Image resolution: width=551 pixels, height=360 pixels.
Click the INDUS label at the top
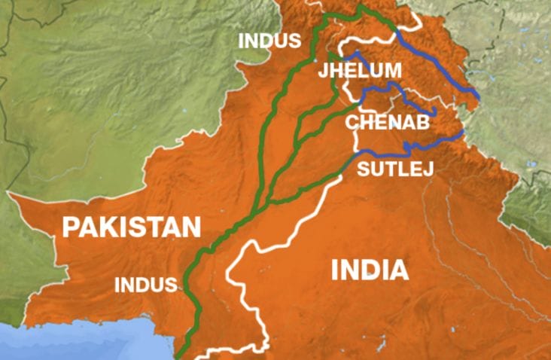click(269, 40)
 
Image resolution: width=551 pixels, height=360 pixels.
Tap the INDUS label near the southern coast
click(145, 285)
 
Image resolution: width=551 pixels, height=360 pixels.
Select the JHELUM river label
click(360, 71)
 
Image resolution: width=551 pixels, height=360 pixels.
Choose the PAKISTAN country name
click(132, 227)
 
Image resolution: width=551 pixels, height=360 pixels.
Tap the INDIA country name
click(370, 270)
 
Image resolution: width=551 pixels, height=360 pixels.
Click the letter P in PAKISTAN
click(72, 227)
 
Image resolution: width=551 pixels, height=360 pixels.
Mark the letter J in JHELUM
click(324, 71)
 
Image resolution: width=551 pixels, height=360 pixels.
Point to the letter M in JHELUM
click(394, 71)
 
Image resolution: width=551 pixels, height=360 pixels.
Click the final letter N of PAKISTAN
click(193, 227)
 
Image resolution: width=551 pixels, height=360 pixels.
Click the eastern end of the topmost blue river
click(479, 96)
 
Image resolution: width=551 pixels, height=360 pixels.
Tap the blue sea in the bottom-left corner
click(45, 343)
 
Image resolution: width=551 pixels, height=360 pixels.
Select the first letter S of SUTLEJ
click(364, 167)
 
